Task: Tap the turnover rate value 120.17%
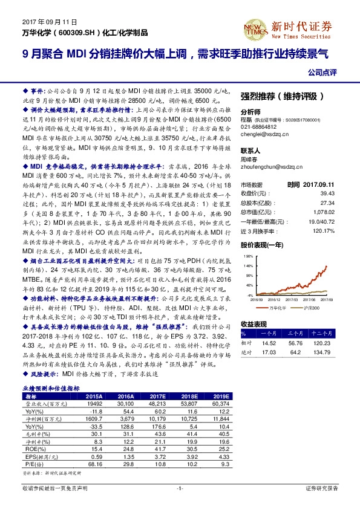(x=324, y=232)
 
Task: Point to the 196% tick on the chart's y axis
(x=249, y=256)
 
